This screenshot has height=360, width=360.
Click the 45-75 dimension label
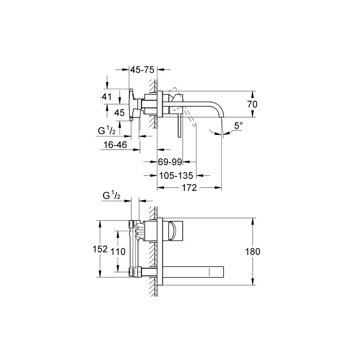142,70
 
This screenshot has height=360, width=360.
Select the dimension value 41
106,97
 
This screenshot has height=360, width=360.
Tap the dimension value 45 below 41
119,112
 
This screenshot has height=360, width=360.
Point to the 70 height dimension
252,104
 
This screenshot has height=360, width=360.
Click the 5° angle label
238,126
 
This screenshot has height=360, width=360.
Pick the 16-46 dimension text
115,145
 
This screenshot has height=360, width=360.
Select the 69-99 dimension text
170,162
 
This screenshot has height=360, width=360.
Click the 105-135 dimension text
176,176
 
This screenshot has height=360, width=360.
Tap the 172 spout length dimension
190,188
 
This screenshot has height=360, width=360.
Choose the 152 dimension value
100,249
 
